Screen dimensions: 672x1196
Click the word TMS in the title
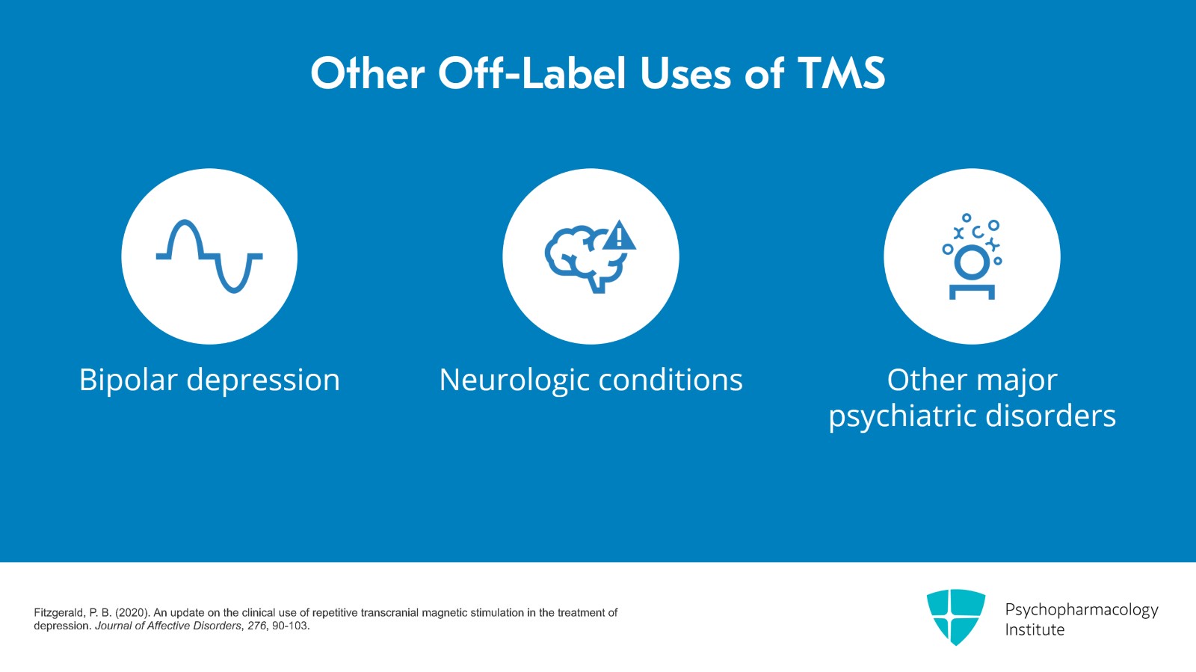(x=841, y=74)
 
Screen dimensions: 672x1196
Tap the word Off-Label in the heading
(x=532, y=74)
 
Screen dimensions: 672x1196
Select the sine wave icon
(x=209, y=256)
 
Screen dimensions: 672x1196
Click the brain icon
(x=583, y=258)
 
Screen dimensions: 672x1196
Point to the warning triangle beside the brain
(x=619, y=236)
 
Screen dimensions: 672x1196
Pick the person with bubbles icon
(x=972, y=256)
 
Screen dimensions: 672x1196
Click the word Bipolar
(x=128, y=380)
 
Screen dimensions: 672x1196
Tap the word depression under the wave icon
(x=263, y=380)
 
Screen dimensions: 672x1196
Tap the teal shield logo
(x=955, y=617)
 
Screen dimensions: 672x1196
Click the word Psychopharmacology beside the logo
(x=1081, y=610)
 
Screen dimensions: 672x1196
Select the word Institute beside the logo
(x=1035, y=630)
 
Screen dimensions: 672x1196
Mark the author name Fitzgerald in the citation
(x=59, y=613)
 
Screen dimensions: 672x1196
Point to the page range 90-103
(x=290, y=626)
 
